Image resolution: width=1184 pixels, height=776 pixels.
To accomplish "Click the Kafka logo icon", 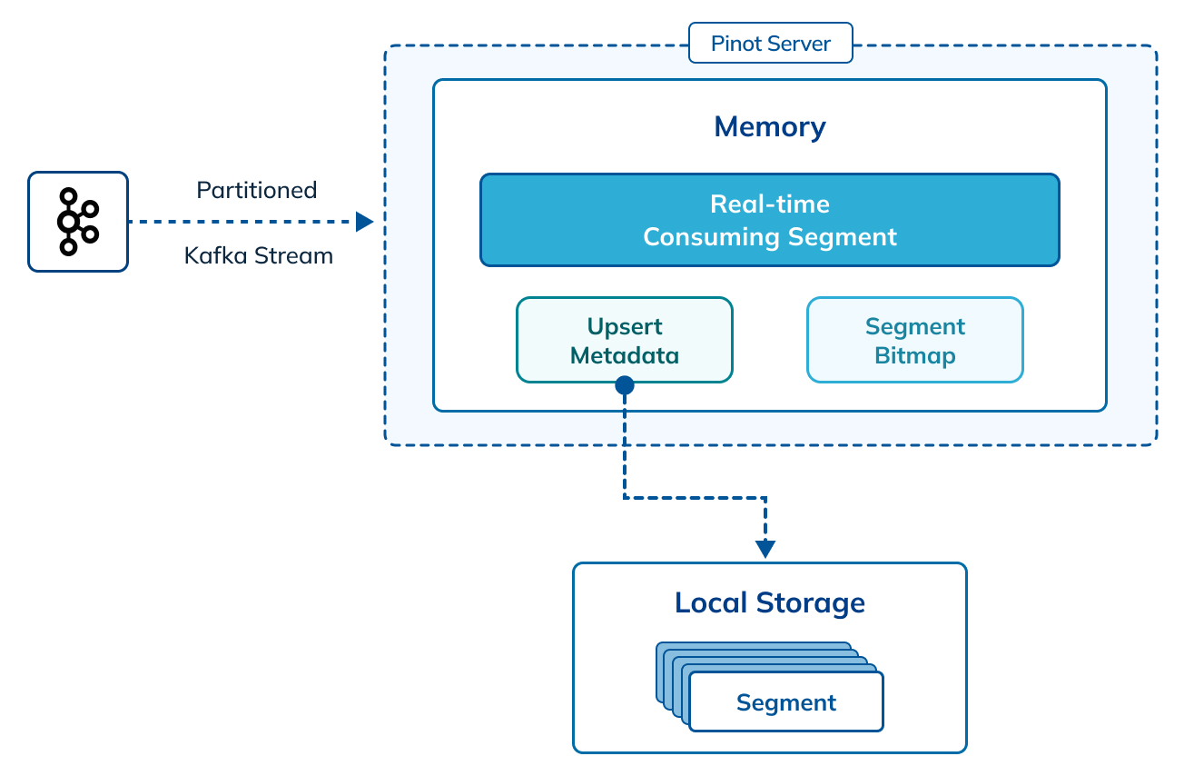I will point(77,222).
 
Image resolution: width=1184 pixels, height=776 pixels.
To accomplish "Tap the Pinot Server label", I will point(770,44).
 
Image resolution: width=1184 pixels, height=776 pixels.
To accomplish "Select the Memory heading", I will point(770,126).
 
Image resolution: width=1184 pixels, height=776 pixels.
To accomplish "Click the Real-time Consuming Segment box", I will point(770,220).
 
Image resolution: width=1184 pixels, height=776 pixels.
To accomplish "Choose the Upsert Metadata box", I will point(625,340).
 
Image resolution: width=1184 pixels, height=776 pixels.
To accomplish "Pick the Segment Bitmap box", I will point(914,340).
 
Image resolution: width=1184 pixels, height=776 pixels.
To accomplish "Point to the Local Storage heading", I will point(770,602).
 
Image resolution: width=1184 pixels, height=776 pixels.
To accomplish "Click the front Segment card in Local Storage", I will point(786,702).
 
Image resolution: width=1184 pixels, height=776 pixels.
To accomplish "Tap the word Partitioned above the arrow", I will point(257,190).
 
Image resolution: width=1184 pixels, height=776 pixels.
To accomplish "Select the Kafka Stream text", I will point(259,256).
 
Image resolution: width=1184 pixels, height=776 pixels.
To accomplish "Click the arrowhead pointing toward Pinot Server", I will point(365,222).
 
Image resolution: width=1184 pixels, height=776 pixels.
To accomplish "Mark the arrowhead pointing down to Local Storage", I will point(765,549).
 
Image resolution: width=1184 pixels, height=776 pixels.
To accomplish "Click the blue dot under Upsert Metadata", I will point(625,385).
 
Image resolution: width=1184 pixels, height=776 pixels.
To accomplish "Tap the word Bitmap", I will point(914,355).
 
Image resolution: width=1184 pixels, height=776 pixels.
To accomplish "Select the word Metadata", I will point(625,355).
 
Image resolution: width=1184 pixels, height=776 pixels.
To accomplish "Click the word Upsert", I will point(625,326).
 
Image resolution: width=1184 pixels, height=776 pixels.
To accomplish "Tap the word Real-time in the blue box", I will point(770,204).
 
